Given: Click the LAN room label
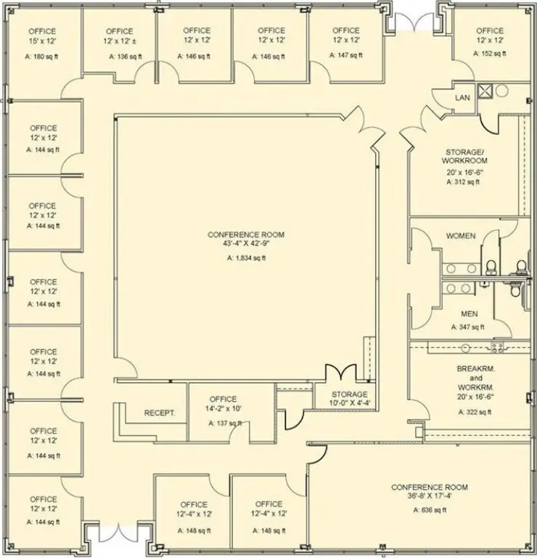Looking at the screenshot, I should coord(462,97).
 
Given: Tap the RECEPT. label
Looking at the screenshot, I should coord(160,413).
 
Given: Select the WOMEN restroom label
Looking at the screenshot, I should coord(461,236).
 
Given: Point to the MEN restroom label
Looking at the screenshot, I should coord(469,315).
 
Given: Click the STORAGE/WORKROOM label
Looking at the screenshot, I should coord(465,155).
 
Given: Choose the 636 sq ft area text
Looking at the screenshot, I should coord(430,510).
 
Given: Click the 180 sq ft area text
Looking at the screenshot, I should coord(43,56).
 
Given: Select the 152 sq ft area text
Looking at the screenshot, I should coord(489,55).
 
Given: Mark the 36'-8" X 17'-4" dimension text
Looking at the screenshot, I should coord(430,497).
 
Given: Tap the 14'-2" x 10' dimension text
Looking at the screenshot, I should coord(223,410).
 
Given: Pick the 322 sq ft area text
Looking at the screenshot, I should coord(475,412).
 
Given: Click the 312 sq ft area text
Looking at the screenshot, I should coord(464,182).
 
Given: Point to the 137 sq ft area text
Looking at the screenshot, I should coord(222,423).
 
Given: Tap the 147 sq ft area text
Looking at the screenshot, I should coord(346,55).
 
